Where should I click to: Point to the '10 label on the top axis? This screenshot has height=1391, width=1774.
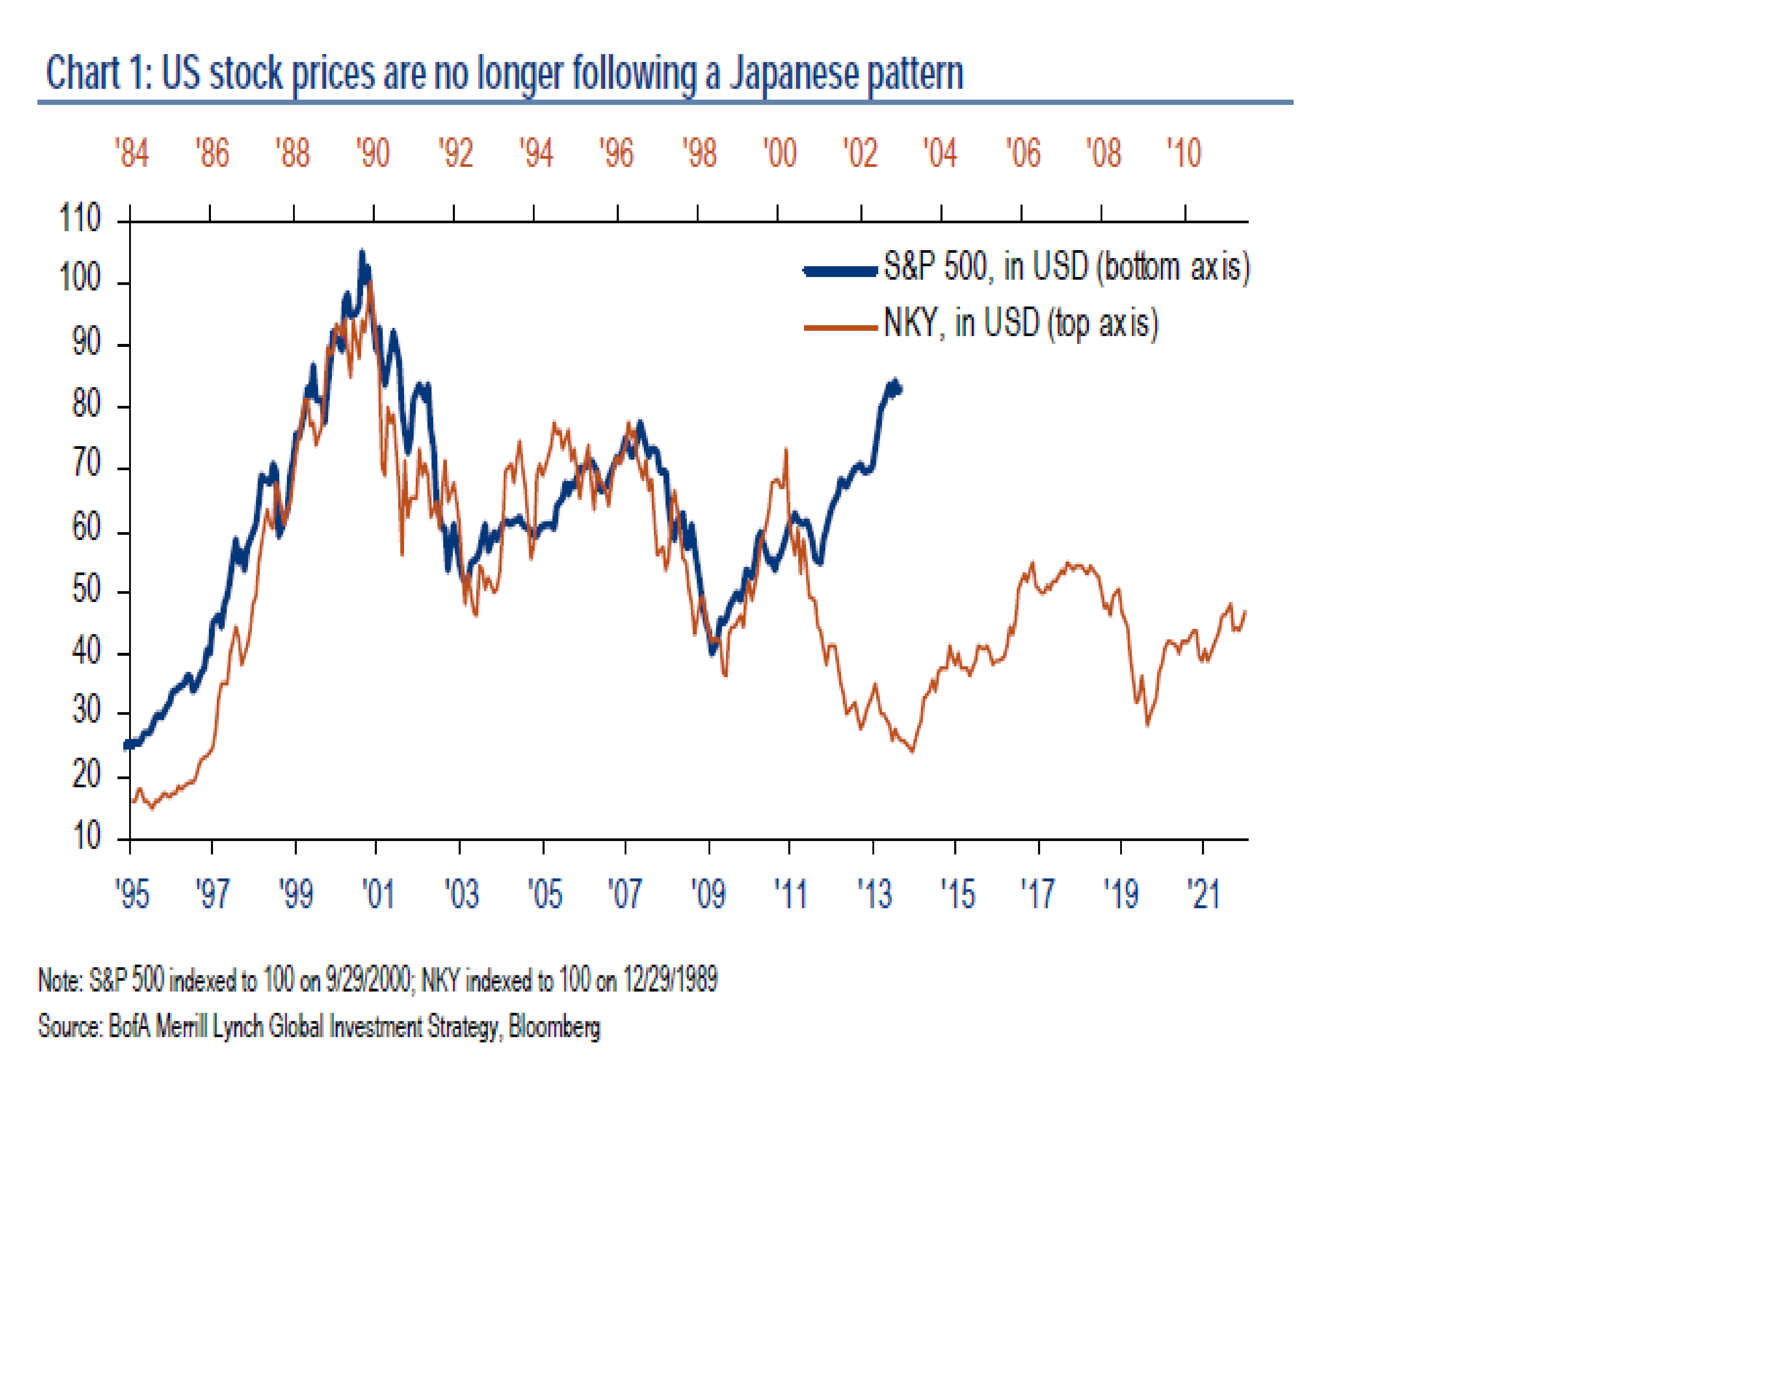point(1184,153)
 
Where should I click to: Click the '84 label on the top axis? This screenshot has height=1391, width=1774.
point(131,153)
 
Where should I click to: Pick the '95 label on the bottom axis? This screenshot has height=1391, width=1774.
point(132,894)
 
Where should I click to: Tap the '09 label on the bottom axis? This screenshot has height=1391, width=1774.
point(708,894)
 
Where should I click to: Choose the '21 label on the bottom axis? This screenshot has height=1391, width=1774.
point(1203,894)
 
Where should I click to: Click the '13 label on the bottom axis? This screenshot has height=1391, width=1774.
point(874,894)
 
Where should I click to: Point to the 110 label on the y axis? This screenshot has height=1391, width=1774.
point(80,218)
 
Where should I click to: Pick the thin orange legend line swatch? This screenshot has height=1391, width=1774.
point(840,327)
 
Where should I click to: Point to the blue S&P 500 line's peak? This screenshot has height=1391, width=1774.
point(362,253)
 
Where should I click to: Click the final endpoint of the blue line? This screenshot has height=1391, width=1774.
point(899,388)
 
